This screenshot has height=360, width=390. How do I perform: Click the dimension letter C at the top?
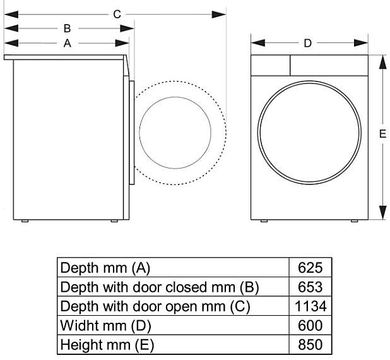(x=117, y=13)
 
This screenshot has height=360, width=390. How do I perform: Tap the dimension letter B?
(x=67, y=28)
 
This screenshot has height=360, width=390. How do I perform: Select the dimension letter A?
(x=67, y=43)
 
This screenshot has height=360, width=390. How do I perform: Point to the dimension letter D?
(x=308, y=43)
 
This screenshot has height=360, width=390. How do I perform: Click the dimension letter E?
(x=382, y=133)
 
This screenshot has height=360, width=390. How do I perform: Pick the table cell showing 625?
(x=310, y=267)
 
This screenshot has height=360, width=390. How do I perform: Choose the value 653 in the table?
(x=310, y=287)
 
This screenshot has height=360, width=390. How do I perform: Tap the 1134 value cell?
(x=310, y=306)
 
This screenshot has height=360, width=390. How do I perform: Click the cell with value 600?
(x=310, y=326)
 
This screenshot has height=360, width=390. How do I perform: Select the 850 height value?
(x=310, y=345)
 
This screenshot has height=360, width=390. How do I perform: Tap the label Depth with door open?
(x=155, y=306)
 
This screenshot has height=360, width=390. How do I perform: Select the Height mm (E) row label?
(x=107, y=345)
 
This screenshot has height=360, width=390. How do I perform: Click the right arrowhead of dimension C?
(x=220, y=13)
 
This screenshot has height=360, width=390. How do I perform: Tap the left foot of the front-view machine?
(x=264, y=220)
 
